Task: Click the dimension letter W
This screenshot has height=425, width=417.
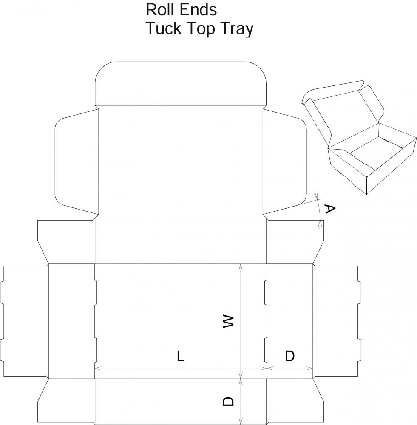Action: [x=228, y=321]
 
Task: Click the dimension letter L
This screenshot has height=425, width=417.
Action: [x=181, y=356]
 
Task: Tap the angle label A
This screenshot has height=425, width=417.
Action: [x=329, y=209]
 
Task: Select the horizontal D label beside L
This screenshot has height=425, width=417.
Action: [x=289, y=356]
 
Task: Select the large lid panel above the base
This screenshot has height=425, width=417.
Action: [x=181, y=161]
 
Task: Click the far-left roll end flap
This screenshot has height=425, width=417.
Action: [x=26, y=321]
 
